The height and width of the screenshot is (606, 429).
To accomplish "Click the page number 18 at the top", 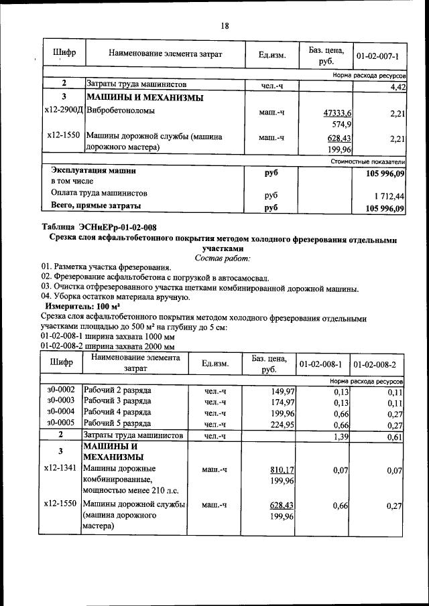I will [225, 25].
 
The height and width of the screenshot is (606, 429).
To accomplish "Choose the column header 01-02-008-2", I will [379, 364].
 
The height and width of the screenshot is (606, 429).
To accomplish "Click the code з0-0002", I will [61, 390].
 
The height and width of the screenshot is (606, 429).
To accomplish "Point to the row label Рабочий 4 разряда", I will [116, 412].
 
